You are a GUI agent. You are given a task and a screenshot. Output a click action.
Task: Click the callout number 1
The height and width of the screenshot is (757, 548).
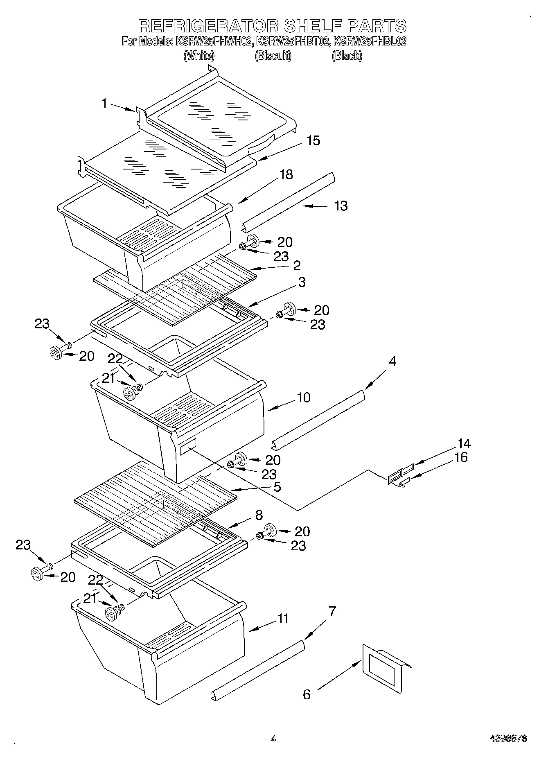105,103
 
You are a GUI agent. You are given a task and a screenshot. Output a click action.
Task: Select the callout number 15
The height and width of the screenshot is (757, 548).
313,140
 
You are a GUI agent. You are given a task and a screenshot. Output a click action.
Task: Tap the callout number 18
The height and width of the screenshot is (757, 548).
286,174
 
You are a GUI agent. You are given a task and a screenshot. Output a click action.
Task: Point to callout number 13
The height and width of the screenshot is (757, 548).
341,206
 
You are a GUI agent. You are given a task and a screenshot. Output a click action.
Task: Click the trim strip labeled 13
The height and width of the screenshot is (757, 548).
289,200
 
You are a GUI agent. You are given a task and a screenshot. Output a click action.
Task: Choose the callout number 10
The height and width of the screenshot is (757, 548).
304,397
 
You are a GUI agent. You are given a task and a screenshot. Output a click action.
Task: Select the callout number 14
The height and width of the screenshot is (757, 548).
464,443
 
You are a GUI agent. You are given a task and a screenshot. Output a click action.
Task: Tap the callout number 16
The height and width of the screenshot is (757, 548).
461,457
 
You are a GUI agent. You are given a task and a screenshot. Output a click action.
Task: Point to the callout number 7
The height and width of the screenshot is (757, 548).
332,612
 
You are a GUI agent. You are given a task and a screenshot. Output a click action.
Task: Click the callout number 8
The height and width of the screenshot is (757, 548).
259,515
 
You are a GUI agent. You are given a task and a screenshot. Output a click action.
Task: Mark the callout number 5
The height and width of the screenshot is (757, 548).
277,487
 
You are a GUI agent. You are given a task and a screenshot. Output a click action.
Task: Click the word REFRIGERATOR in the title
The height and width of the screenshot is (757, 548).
208,25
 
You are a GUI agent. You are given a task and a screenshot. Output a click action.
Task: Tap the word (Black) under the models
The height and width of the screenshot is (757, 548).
347,56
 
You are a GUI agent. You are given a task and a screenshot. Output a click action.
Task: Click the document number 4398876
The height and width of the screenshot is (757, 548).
508,739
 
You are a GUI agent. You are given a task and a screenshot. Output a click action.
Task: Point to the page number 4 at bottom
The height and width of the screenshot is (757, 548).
273,739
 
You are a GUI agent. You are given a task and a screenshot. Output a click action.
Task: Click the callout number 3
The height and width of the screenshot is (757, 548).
302,282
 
